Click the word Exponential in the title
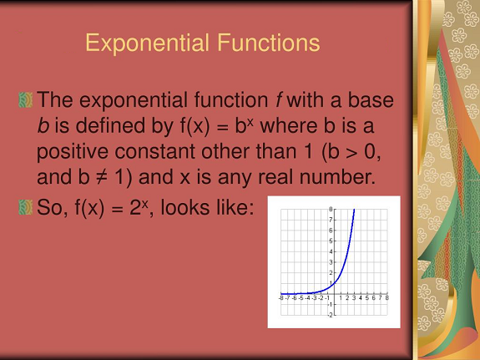147,43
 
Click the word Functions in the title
269,43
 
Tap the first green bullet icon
25,100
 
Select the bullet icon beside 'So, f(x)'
25,207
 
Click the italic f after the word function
278,99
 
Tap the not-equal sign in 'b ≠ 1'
102,177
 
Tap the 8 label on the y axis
331,210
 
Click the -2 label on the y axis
330,315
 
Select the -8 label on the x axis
281,298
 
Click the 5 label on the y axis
331,241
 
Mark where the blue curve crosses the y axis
334,283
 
